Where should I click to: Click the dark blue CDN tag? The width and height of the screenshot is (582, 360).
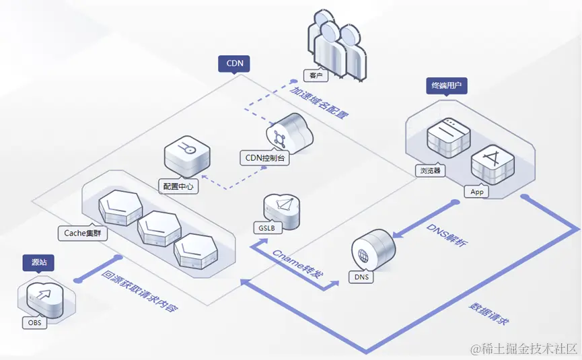point(234,64)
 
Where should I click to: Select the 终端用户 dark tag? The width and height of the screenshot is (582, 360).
point(447,86)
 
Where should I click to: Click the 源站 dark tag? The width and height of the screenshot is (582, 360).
point(38,260)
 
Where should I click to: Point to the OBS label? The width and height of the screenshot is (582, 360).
point(34,323)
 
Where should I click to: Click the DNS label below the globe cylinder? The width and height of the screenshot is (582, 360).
point(362,277)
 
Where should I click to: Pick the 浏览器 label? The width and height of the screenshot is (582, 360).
point(430,170)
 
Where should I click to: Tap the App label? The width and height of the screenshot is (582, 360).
point(477,192)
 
